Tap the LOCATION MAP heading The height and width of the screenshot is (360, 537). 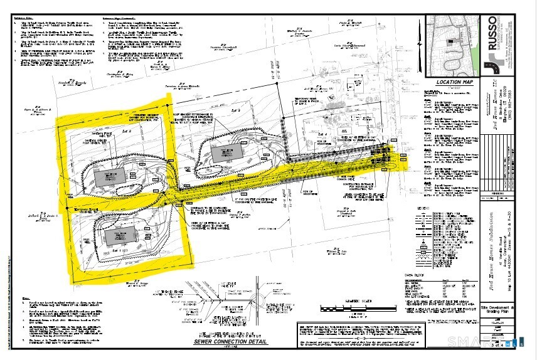(456, 82)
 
